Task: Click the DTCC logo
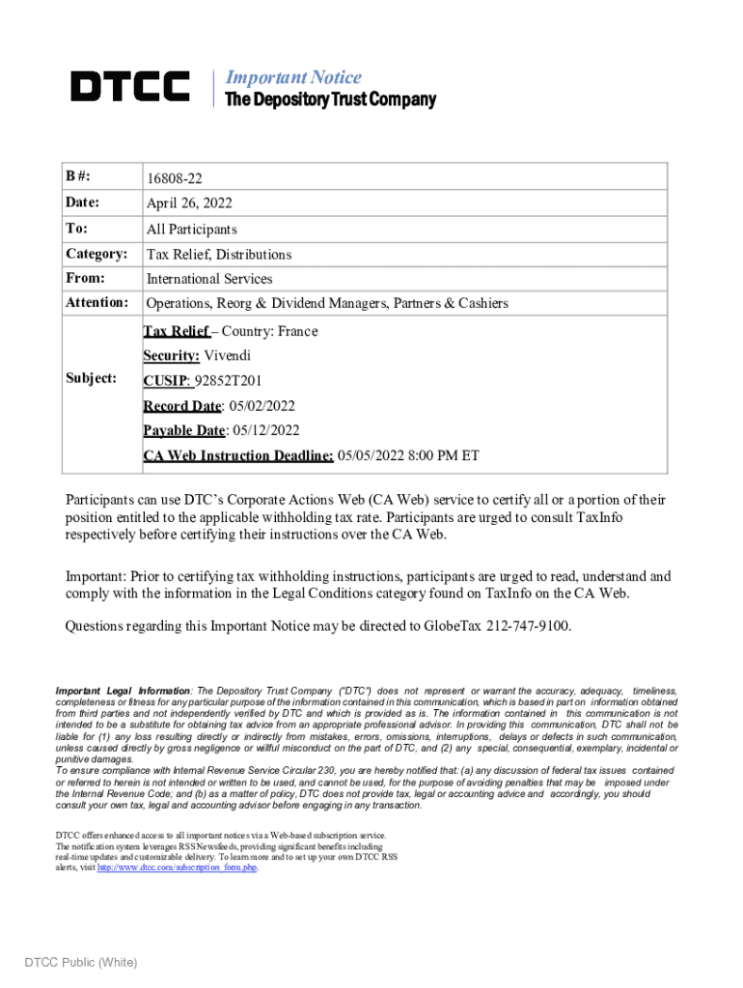coord(130,87)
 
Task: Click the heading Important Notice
coord(292,77)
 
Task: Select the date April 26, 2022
coord(189,204)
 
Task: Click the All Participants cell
coord(191,230)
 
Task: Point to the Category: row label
coord(96,254)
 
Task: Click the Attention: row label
coord(96,303)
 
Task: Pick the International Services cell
coord(209,279)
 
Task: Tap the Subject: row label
coord(91,377)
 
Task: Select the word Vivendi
coord(227,356)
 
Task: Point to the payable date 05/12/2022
coord(265,430)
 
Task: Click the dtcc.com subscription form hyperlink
coord(177,866)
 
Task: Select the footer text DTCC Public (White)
coord(81,962)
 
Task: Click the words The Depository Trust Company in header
coord(330,100)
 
